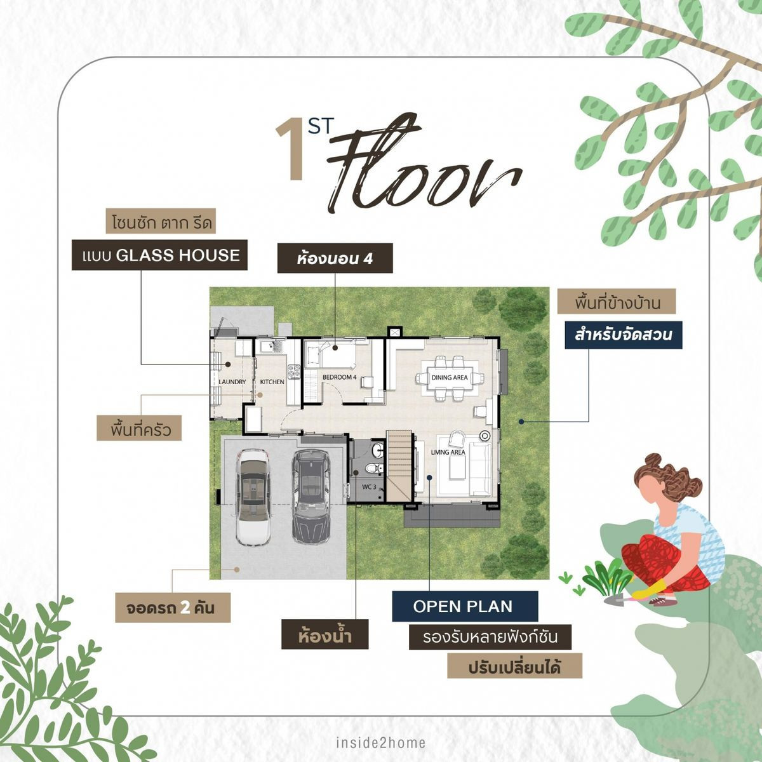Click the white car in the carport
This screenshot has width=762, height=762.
(x=252, y=497)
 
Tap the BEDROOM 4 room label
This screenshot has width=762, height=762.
(x=340, y=377)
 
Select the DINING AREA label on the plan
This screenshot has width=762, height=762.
(x=450, y=378)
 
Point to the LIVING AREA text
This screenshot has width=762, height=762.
(x=448, y=452)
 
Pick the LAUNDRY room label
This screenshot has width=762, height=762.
(x=232, y=382)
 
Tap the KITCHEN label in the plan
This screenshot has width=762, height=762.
(x=272, y=382)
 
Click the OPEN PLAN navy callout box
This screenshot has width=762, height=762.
(x=464, y=606)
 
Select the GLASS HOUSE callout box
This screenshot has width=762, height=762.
(x=159, y=255)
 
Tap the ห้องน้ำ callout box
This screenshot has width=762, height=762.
(x=325, y=635)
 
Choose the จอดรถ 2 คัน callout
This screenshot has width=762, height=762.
(x=173, y=608)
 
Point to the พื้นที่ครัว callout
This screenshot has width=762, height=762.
(x=139, y=428)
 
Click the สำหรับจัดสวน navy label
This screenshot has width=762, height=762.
(x=623, y=335)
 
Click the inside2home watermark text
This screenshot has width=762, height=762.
(x=380, y=742)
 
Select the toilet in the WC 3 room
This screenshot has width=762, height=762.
(x=375, y=468)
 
